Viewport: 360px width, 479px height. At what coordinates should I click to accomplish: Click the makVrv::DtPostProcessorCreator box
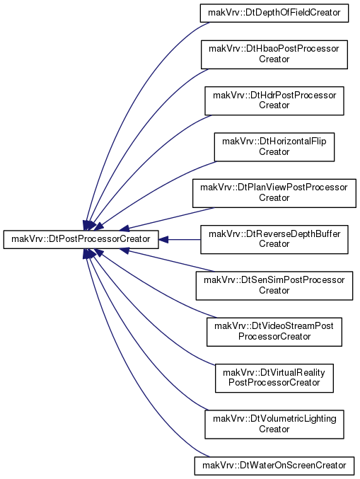81,239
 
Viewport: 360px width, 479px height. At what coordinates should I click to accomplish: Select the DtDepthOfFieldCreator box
274,13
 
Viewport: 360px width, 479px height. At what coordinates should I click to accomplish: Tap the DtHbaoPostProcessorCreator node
274,54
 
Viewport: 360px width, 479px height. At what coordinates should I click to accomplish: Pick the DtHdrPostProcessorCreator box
274,100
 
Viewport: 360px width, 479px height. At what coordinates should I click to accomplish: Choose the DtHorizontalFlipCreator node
274,147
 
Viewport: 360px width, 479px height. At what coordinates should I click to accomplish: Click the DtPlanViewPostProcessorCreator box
274,193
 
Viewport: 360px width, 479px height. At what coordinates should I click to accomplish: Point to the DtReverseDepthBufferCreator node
274,239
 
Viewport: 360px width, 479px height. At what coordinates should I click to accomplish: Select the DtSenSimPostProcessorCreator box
274,286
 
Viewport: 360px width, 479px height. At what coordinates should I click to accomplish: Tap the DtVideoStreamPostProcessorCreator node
274,332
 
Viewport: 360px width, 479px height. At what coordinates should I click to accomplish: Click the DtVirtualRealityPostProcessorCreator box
274,379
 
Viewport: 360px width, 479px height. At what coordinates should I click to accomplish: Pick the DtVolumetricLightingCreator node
274,425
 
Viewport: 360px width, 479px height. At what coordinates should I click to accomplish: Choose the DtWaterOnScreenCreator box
274,466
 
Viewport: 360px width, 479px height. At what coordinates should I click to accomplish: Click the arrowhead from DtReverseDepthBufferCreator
163,239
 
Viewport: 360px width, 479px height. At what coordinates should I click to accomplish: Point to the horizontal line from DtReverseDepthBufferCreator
184,239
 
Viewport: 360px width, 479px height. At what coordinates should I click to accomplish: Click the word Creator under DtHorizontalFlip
274,152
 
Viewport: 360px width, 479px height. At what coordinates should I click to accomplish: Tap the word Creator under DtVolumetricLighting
274,429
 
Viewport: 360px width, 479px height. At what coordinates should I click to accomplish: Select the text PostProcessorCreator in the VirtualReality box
274,383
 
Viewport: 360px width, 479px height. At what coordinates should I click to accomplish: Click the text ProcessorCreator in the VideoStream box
274,337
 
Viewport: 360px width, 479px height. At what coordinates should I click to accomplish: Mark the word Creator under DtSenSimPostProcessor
274,291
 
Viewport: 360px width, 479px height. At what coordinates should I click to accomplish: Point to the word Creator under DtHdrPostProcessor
274,105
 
